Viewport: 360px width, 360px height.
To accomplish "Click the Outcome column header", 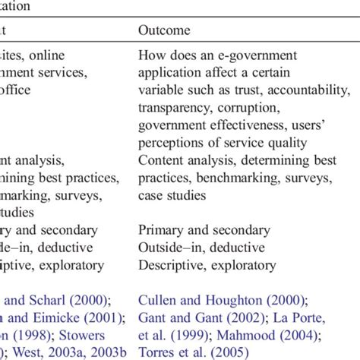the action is pyautogui.click(x=164, y=30).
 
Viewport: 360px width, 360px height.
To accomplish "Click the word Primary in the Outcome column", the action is pyautogui.click(x=160, y=230).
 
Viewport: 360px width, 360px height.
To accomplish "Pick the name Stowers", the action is pyautogui.click(x=94, y=335).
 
